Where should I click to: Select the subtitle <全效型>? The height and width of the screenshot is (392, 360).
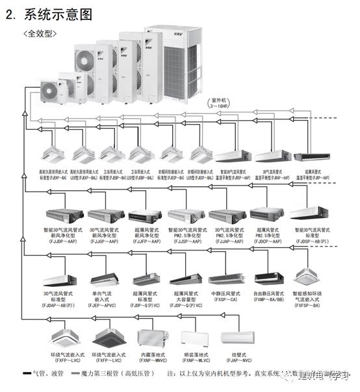[x=40, y=32]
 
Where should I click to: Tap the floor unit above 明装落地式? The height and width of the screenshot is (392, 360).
[x=193, y=338]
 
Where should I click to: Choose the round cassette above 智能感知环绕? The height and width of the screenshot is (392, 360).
[x=309, y=275]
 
